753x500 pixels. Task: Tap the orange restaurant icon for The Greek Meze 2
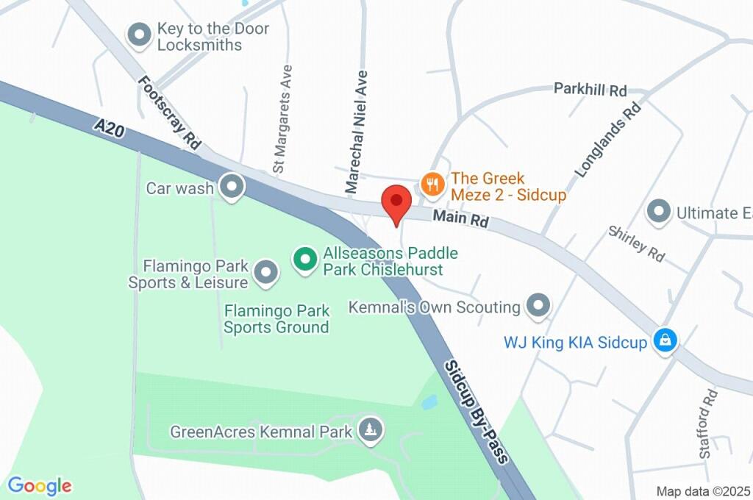pyautogui.click(x=432, y=184)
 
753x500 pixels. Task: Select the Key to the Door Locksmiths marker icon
pyautogui.click(x=138, y=34)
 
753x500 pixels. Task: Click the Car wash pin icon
pyautogui.click(x=233, y=187)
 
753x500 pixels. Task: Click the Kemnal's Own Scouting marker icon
pyautogui.click(x=538, y=306)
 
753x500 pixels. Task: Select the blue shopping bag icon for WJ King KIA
pyautogui.click(x=665, y=340)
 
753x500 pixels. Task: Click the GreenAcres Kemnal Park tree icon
pyautogui.click(x=370, y=430)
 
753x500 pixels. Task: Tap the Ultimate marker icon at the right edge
pyautogui.click(x=657, y=213)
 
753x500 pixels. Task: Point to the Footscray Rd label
pyautogui.click(x=169, y=114)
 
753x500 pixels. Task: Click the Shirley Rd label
pyautogui.click(x=636, y=243)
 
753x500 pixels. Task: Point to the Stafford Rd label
pyautogui.click(x=708, y=424)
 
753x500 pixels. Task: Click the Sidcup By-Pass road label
pyautogui.click(x=477, y=412)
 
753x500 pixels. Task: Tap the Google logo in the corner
pyautogui.click(x=40, y=485)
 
